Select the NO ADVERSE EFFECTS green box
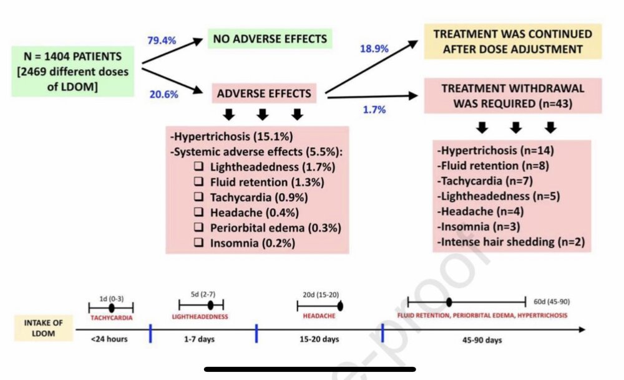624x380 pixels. (x=270, y=39)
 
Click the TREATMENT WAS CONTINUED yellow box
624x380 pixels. (x=513, y=42)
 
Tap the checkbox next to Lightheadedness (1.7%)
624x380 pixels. (x=198, y=168)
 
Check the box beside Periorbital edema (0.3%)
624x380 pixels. (x=198, y=227)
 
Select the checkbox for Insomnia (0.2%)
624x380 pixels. (x=198, y=242)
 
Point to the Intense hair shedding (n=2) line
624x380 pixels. (x=511, y=241)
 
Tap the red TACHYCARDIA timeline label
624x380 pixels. (x=111, y=316)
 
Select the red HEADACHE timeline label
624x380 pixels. (x=318, y=316)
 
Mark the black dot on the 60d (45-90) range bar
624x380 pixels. (x=449, y=302)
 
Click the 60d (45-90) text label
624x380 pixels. (x=552, y=302)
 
